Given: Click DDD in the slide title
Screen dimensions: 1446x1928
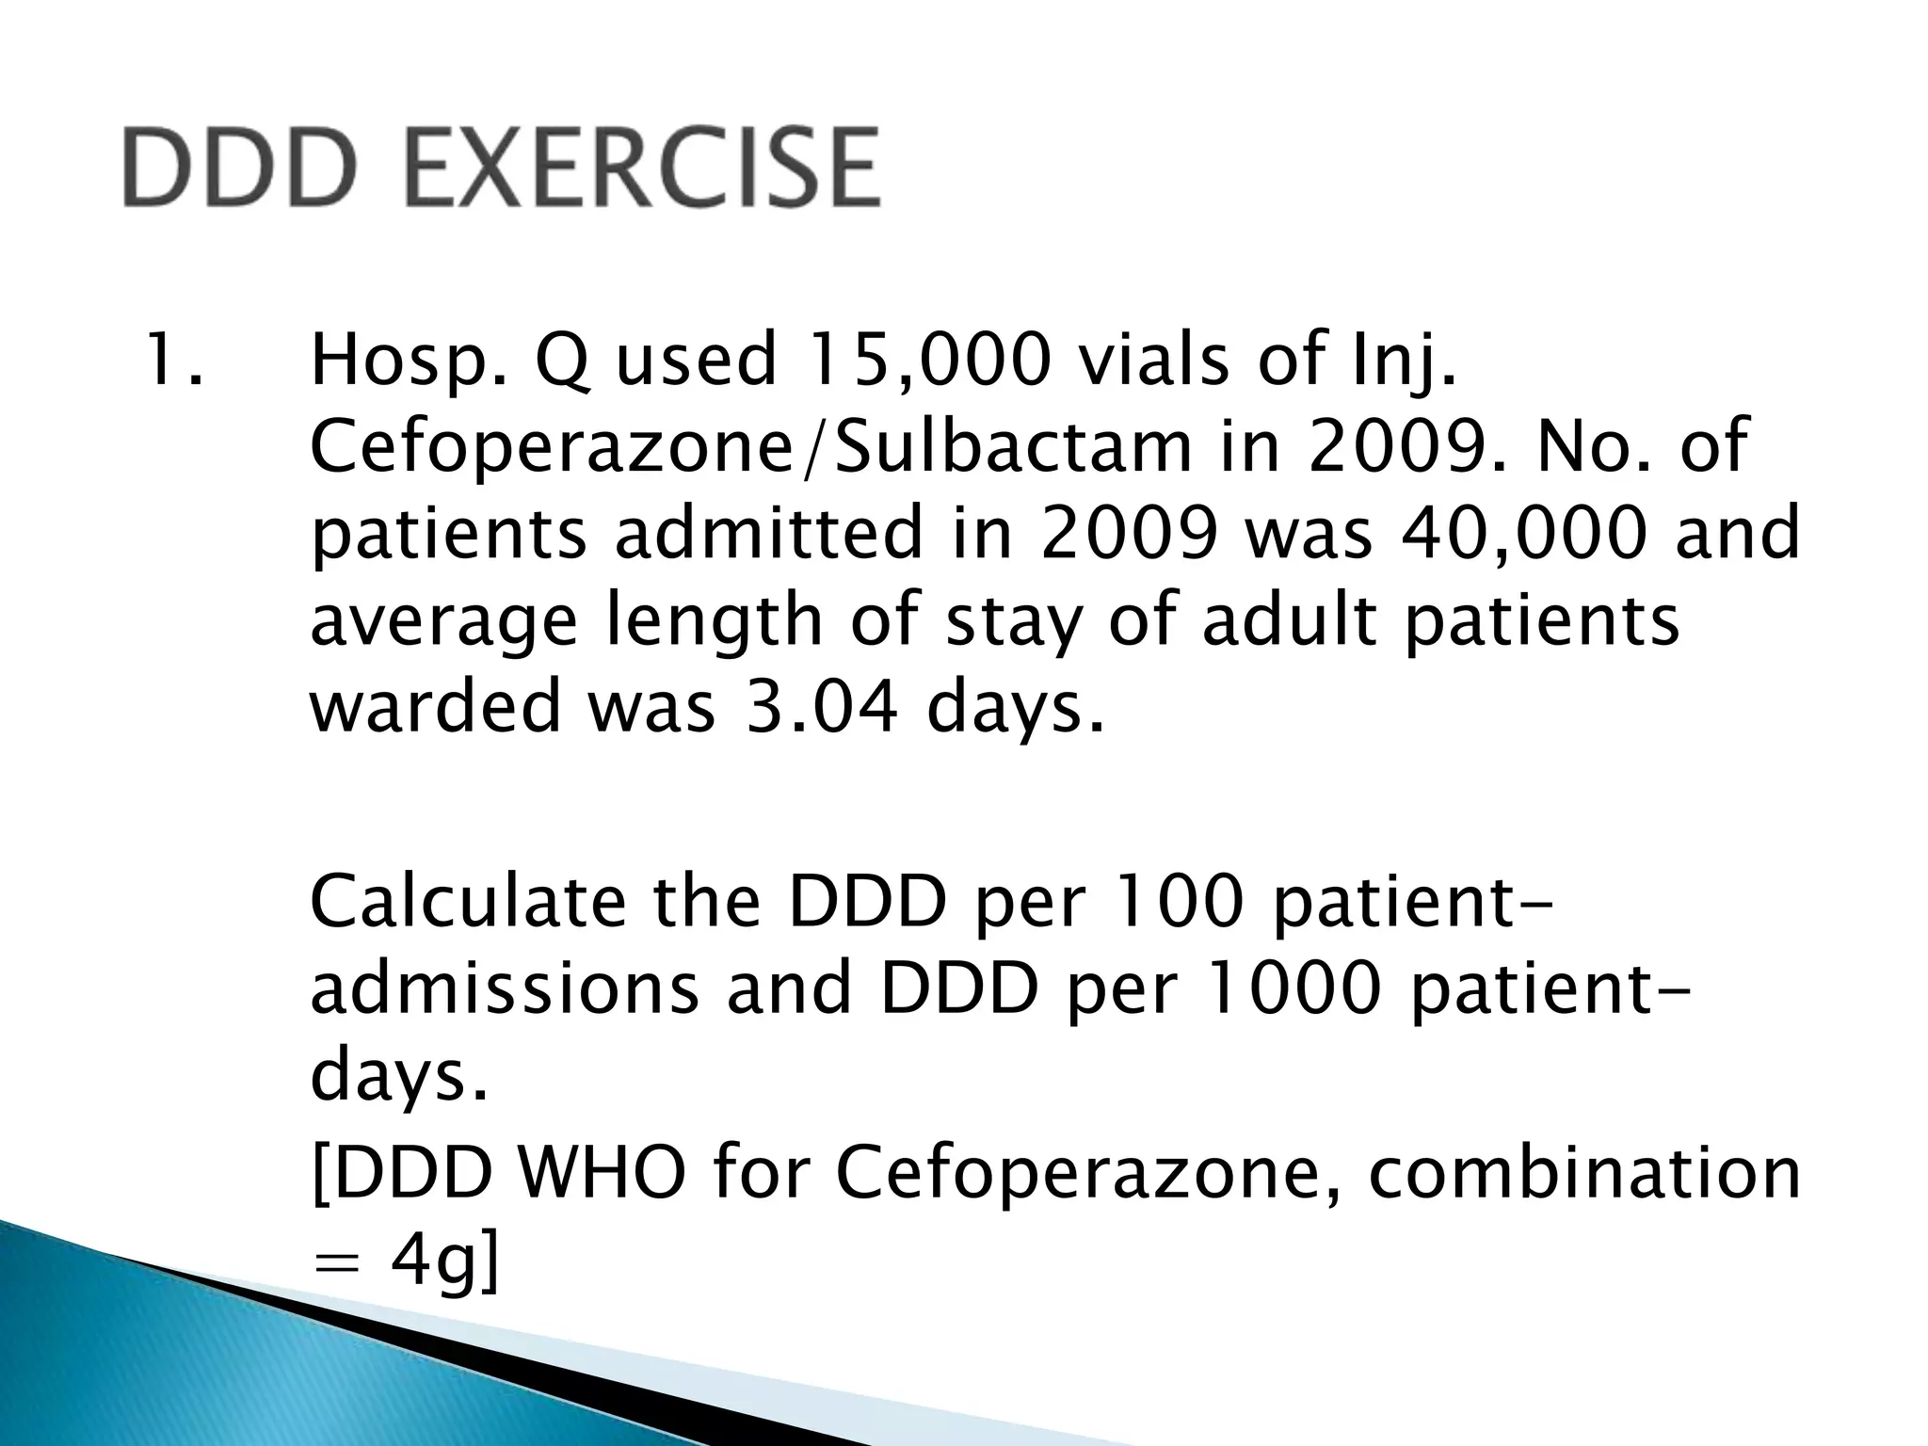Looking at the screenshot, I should point(240,168).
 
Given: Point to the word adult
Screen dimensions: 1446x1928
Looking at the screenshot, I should point(1289,619).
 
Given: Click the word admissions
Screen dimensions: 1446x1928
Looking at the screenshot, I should point(505,988).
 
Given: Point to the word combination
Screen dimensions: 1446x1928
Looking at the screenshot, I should point(1583,1173).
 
